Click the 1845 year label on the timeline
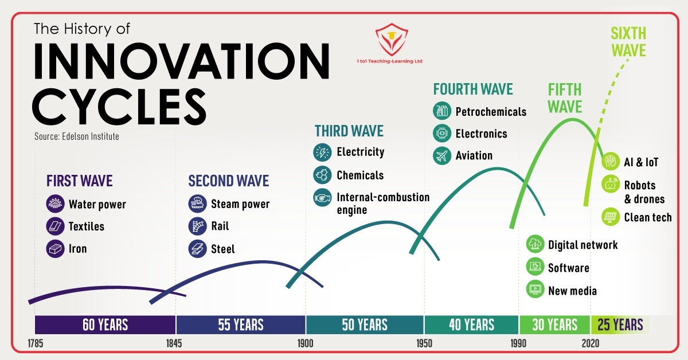174,343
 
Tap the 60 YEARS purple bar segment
105,324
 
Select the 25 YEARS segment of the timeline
620,324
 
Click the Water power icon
55,204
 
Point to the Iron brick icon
55,248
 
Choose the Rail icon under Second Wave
197,226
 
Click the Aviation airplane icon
442,156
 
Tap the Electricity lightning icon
322,152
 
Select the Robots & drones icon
611,184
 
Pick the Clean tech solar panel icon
611,217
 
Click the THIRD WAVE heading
349,131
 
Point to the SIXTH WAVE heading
628,42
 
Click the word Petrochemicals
491,112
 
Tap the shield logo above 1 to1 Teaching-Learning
392,40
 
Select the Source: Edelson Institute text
77,136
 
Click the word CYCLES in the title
119,106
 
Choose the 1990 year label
518,343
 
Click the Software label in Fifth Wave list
569,268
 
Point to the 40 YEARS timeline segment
471,324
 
